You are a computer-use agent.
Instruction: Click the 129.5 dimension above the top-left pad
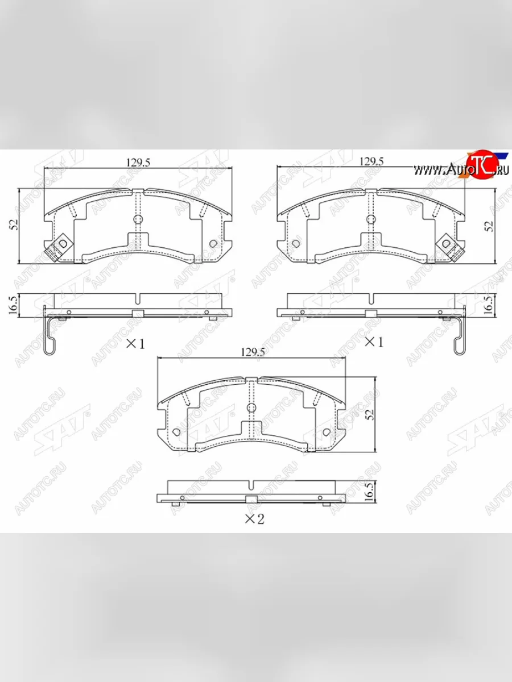138,162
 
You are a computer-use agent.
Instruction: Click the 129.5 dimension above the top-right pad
371,161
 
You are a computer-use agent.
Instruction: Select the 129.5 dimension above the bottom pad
253,352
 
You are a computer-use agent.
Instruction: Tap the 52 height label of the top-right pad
488,225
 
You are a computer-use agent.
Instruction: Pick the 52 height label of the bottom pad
369,414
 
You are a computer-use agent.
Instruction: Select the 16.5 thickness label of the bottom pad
369,490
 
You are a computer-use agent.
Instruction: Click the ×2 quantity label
254,518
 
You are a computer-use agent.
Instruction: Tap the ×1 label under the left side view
135,343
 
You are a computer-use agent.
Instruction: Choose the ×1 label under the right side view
373,342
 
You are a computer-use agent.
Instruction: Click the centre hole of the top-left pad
138,219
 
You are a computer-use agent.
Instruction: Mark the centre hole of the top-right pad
371,219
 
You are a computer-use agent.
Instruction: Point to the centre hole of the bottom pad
252,408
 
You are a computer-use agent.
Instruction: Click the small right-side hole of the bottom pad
326,433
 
